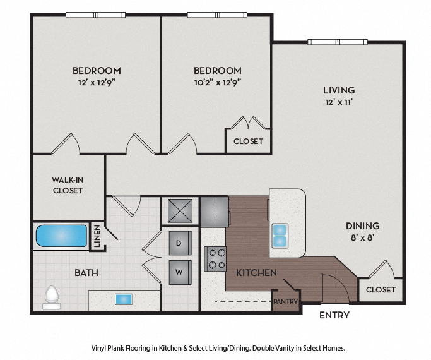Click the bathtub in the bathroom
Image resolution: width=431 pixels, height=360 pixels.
point(61,236)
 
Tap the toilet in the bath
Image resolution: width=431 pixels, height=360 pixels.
point(52,296)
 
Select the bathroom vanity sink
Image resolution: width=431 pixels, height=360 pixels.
point(124,299)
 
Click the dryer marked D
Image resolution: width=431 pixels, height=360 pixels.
point(179,243)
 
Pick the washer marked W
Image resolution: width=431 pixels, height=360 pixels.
point(179,273)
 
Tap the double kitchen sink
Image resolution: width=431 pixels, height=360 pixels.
point(280,236)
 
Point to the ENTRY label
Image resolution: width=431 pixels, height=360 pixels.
point(334,315)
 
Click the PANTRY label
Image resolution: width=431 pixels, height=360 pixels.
point(285,302)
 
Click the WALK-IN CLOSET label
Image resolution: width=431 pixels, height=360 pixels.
point(68,185)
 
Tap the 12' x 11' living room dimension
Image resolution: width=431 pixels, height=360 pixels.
point(339,102)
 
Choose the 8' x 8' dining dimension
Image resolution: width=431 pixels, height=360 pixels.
point(362,237)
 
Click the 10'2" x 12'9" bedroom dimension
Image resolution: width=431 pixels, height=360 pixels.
point(217,82)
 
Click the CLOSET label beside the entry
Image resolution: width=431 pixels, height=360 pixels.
point(381,290)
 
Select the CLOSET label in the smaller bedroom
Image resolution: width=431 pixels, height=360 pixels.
point(248,141)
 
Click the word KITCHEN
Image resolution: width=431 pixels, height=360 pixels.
point(256,273)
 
